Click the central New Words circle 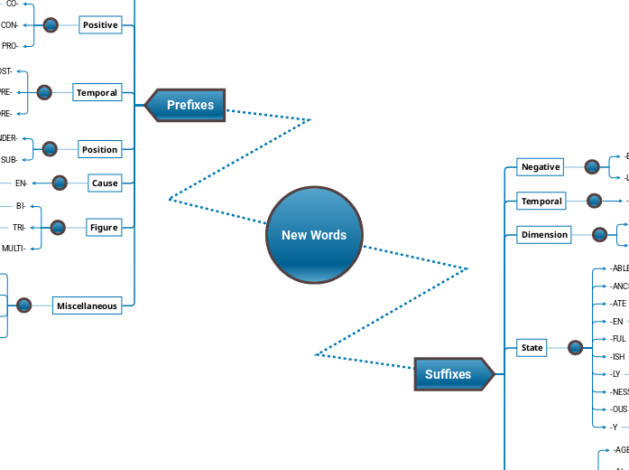tap(314, 235)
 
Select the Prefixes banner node tap(188, 105)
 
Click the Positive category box tap(100, 25)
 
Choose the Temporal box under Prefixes tap(97, 92)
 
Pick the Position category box tap(99, 149)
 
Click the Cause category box tap(105, 183)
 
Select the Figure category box tap(104, 227)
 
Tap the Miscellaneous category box tap(87, 305)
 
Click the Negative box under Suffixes tap(541, 166)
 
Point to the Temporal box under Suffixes tap(541, 201)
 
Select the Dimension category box tap(544, 235)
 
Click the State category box tap(532, 347)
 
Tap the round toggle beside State tap(576, 347)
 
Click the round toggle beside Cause tap(60, 183)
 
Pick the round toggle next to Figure tap(58, 227)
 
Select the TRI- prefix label tap(19, 227)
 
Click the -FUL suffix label tap(618, 339)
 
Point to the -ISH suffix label tap(617, 356)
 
